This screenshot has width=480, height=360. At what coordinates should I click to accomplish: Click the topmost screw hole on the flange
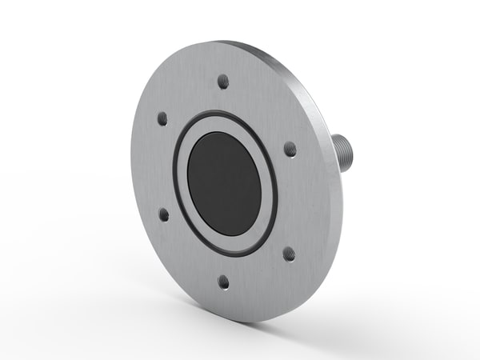[x=223, y=80]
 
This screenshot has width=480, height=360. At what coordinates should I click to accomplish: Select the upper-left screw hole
[x=163, y=118]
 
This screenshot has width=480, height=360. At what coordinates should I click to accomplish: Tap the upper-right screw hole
[x=290, y=149]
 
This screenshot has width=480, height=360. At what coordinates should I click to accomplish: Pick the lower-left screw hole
[x=164, y=214]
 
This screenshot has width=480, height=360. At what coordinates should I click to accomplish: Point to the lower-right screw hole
[x=288, y=254]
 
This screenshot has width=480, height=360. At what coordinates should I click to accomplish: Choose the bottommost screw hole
[x=224, y=282]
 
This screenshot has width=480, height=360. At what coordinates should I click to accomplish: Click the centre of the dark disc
[x=224, y=183]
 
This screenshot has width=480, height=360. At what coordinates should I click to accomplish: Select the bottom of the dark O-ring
[x=229, y=254]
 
